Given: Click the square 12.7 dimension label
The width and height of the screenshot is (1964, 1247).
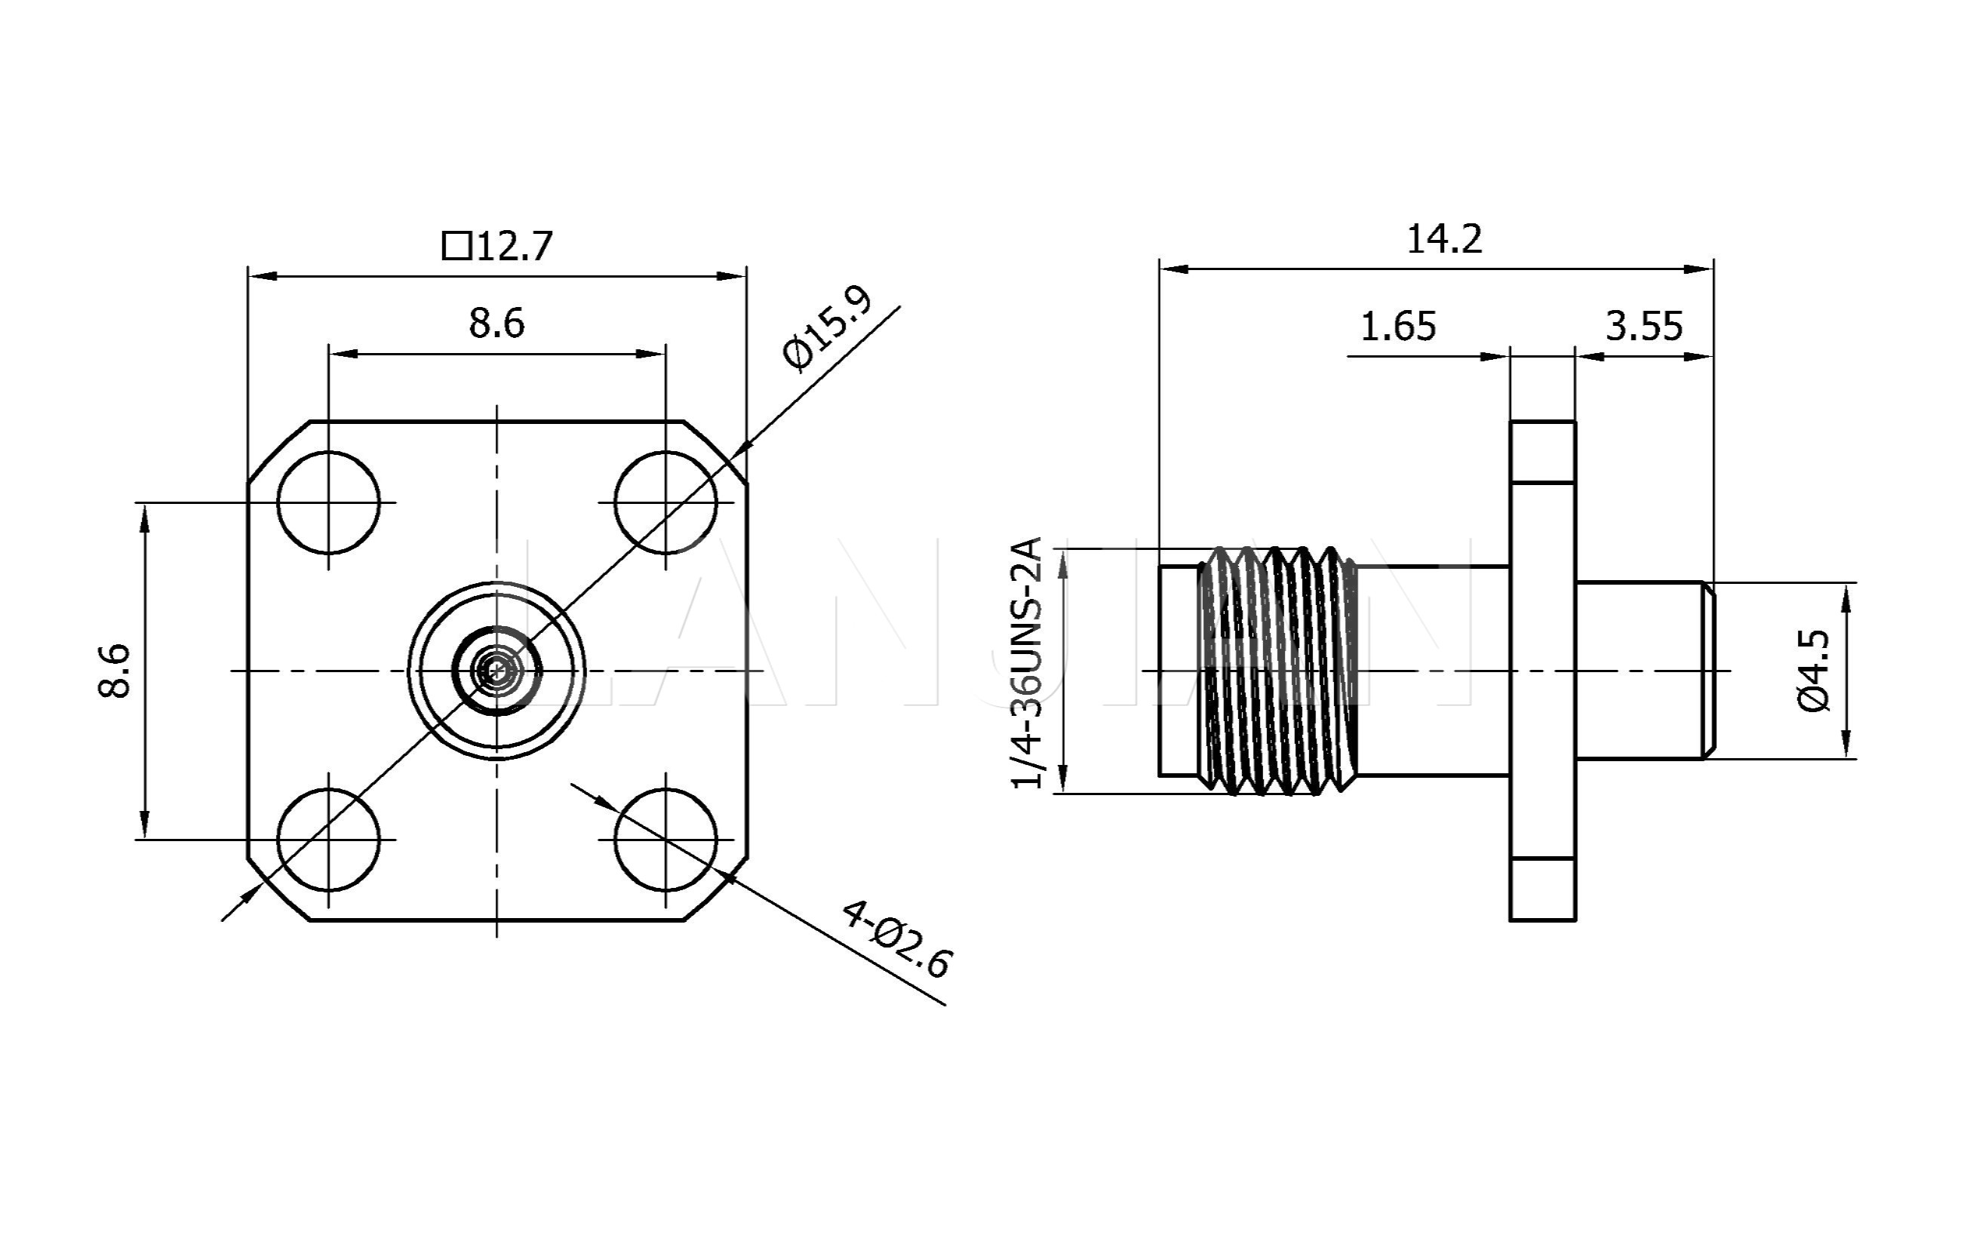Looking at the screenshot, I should point(497,245).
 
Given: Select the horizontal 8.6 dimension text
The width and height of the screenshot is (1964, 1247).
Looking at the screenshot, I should point(496,324).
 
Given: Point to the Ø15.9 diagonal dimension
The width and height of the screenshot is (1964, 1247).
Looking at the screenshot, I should point(825,328).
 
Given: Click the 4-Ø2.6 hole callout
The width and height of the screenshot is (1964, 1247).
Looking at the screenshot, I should point(896,938).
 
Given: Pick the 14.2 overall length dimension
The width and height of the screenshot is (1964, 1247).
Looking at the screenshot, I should point(1443,239).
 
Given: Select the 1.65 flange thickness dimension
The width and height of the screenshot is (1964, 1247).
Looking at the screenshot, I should point(1397,326).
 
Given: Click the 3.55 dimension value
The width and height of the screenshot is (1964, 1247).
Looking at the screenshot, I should point(1643,326).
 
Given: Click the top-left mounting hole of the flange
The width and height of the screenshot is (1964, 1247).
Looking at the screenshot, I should point(329,502).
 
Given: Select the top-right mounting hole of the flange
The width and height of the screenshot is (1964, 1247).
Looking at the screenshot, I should point(665,502).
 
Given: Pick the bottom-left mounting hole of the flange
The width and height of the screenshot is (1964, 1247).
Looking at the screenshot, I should point(329,839).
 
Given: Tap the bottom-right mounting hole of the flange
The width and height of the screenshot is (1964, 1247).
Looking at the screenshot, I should point(665,839).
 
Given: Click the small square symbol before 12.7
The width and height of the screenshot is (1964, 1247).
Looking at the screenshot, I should point(456,245).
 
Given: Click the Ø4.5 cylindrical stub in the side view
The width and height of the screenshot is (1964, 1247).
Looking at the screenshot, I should point(1640,671).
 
